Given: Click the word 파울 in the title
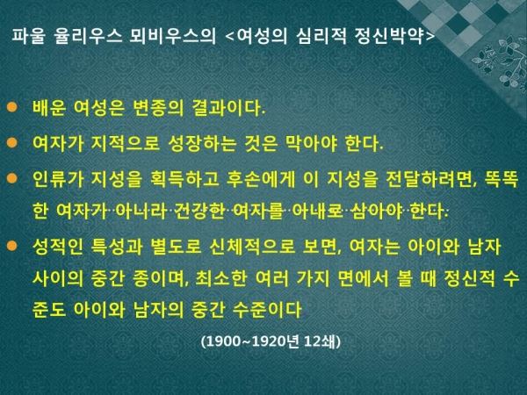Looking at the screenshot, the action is [x=28, y=35].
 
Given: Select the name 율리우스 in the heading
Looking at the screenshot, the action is [x=88, y=35].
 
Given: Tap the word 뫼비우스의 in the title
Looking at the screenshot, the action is [x=173, y=35].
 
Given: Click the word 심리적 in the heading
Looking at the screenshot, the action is [x=321, y=35].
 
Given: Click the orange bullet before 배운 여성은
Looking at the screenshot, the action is [x=11, y=107].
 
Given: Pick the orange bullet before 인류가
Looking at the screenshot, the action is [x=11, y=178].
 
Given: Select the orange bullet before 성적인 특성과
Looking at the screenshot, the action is [x=11, y=246].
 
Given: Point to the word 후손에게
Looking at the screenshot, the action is [x=261, y=179].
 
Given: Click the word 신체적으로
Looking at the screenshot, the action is [x=252, y=247].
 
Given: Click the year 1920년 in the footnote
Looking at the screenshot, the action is [x=275, y=341].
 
